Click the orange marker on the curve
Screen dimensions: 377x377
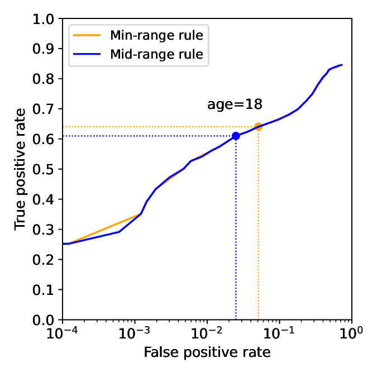[x=258, y=127]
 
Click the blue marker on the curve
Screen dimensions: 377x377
[x=236, y=136]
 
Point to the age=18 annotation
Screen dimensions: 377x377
[x=235, y=104]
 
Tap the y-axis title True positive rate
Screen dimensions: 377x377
[x=20, y=169]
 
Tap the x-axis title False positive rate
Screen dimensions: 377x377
[x=207, y=352]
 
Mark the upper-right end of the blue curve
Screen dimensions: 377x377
[x=341, y=65]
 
